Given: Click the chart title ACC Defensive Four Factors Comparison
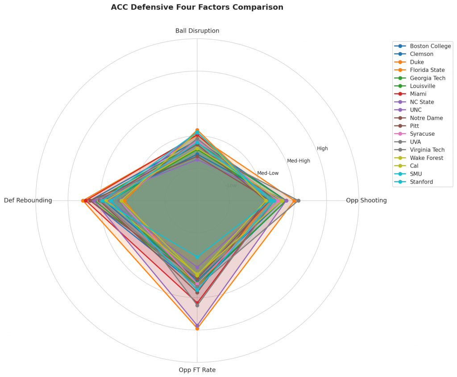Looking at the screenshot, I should [197, 8].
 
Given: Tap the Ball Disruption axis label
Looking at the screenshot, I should [197, 31].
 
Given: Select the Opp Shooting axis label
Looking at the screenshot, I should [366, 201].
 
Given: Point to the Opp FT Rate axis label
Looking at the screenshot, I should [197, 370].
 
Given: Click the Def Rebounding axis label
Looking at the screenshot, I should [28, 201].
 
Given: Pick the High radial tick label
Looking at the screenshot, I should [322, 149].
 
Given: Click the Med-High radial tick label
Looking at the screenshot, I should [298, 161].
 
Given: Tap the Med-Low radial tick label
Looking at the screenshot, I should [268, 173].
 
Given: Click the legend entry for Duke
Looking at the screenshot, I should [417, 62].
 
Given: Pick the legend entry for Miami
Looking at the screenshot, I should [418, 94].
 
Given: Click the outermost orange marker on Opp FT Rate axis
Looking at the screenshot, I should [197, 328].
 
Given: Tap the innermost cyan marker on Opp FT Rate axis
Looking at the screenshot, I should [197, 257].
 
